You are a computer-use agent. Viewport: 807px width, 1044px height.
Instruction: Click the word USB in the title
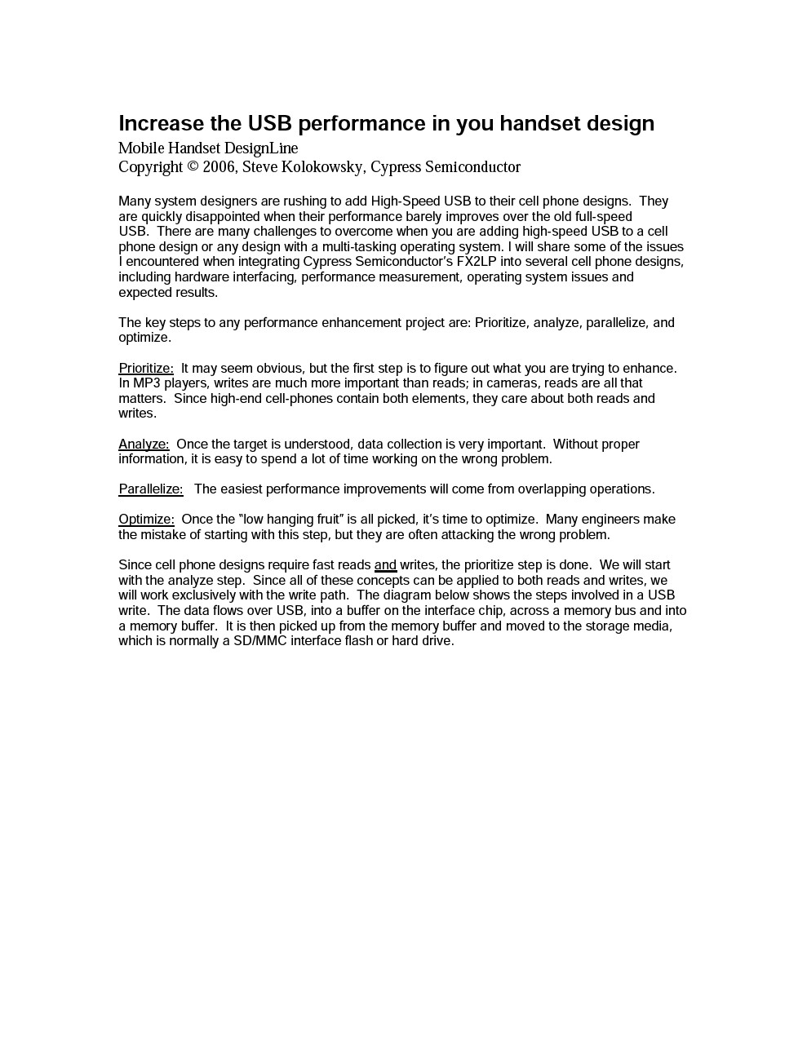[269, 123]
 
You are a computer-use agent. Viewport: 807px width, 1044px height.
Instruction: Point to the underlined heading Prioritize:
[146, 369]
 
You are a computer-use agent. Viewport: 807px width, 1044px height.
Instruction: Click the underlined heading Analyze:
[144, 445]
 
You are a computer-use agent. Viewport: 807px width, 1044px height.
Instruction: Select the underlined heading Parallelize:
[151, 489]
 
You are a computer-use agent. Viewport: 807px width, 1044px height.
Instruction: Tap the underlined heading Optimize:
[146, 520]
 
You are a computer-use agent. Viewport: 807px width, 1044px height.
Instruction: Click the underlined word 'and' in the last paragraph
[385, 565]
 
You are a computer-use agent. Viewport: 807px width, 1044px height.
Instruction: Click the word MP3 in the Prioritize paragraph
[145, 383]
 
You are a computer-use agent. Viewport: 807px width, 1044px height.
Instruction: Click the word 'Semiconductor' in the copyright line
[472, 167]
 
